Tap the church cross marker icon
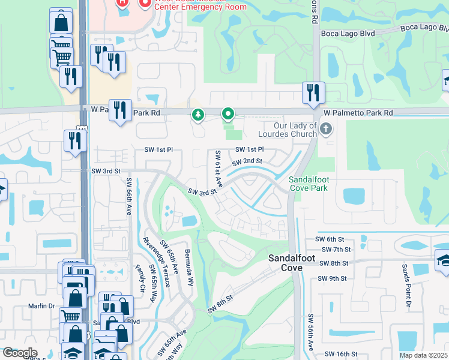[x=325, y=128]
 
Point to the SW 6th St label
[x=337, y=239]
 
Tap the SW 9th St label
[x=334, y=278]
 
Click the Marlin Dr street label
[x=41, y=306]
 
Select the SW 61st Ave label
[x=218, y=169]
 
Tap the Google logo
[x=20, y=353]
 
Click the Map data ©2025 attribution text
[x=424, y=355]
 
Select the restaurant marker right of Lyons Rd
[x=313, y=92]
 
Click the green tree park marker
[x=197, y=115]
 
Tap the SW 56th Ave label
[x=311, y=332]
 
